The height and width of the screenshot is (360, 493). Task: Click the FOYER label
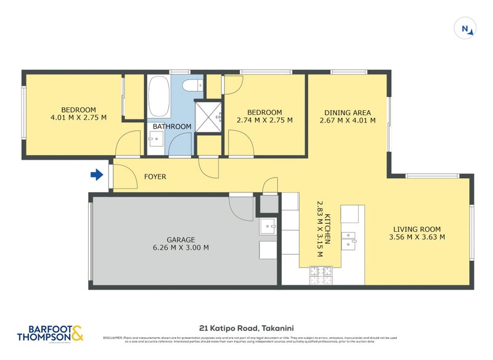pyautogui.click(x=155, y=177)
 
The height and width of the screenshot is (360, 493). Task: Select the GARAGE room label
pyautogui.click(x=181, y=239)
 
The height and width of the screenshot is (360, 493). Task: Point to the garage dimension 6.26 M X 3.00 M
pyautogui.click(x=181, y=248)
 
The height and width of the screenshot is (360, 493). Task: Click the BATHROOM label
pyautogui.click(x=173, y=126)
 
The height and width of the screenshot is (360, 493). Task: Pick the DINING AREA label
pyautogui.click(x=348, y=112)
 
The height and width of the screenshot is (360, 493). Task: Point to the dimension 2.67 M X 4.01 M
pyautogui.click(x=348, y=121)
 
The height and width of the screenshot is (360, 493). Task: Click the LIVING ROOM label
pyautogui.click(x=417, y=228)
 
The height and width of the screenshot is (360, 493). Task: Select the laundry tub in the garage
pyautogui.click(x=269, y=227)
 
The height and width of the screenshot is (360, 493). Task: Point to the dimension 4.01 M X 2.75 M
pyautogui.click(x=78, y=117)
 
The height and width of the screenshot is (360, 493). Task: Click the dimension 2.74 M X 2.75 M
pyautogui.click(x=265, y=120)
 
